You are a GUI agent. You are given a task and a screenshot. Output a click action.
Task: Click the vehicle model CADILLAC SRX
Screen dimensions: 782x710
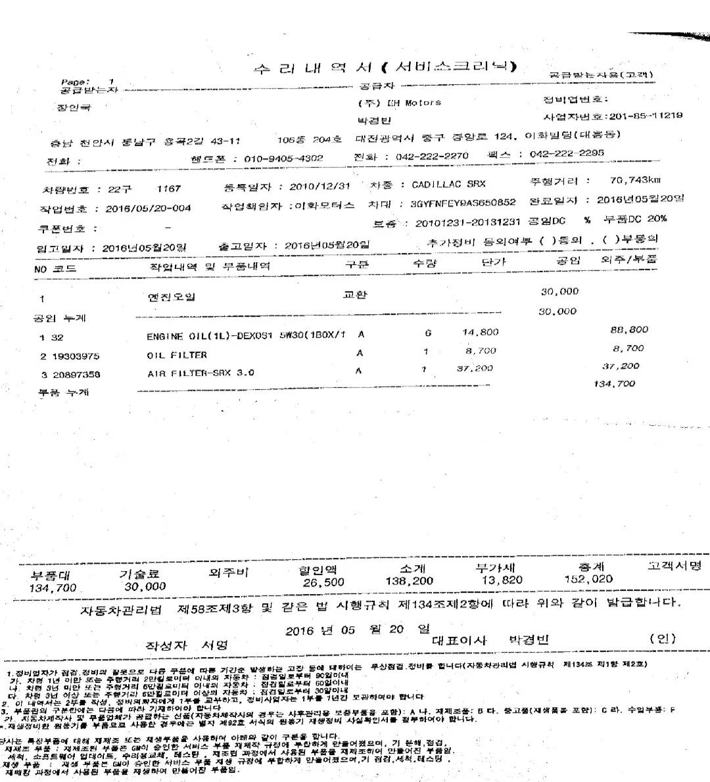(x=448, y=185)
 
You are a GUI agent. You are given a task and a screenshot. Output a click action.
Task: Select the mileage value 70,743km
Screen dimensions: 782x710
(x=635, y=179)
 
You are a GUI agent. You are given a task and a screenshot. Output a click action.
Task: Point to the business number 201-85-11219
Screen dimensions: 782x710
(x=646, y=116)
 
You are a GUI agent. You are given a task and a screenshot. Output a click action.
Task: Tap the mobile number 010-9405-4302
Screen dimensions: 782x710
(x=283, y=158)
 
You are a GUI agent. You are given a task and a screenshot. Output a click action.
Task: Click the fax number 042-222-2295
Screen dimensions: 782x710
(x=567, y=154)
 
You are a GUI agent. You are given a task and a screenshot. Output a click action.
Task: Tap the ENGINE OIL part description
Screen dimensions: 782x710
(x=246, y=336)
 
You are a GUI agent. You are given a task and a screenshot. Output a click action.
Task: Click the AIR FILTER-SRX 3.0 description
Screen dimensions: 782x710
(x=201, y=373)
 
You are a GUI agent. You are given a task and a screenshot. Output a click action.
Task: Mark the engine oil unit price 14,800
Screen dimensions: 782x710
(x=481, y=333)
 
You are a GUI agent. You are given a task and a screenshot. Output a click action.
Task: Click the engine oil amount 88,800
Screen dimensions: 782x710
(x=629, y=330)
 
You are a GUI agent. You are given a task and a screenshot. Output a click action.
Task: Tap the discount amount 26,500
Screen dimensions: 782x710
(x=323, y=582)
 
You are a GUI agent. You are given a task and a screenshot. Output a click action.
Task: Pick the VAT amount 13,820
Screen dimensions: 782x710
(x=502, y=580)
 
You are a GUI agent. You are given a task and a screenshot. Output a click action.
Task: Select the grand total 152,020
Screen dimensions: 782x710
(x=588, y=579)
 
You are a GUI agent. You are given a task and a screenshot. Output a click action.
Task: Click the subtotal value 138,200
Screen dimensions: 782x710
(x=409, y=582)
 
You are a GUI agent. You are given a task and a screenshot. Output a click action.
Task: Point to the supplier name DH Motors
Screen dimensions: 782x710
(x=414, y=103)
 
